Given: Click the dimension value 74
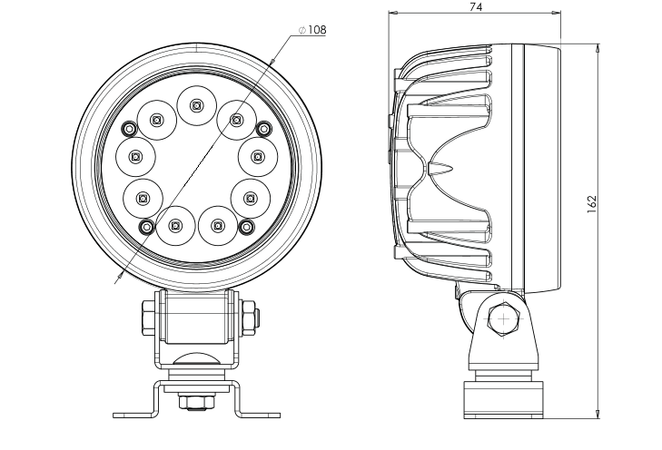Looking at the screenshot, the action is pos(476,6).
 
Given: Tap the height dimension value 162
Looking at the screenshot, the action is pos(592,204).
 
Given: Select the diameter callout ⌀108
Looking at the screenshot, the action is pos(312,30).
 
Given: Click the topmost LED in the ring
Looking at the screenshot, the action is pos(195,105).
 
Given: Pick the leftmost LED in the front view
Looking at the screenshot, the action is pos(135,157).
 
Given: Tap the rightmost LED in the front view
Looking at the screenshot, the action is pos(257,157).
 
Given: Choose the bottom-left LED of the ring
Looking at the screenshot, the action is pos(174,226).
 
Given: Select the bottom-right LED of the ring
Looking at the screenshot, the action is pos(217,226).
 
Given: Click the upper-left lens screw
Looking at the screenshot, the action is pos(129,128).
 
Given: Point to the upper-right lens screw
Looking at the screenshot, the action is pos(264,128).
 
